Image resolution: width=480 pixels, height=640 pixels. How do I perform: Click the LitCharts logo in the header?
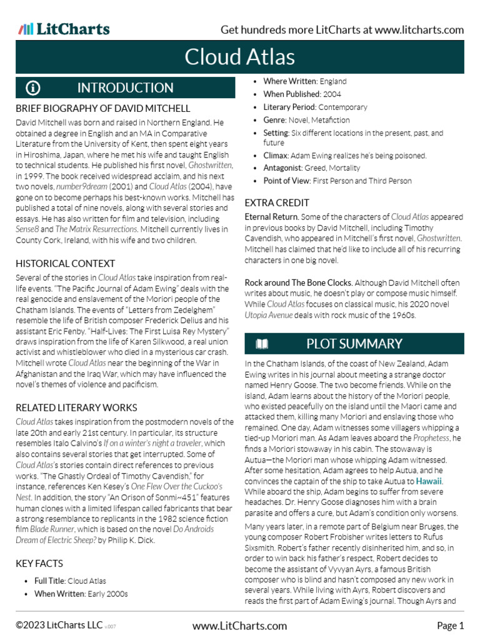pos(64,29)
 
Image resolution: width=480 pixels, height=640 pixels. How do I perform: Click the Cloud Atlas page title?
pos(240,57)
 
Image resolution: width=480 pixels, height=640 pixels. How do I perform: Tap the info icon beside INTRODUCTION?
pos(34,87)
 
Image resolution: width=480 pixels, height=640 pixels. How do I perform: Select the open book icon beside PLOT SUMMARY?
pos(262,344)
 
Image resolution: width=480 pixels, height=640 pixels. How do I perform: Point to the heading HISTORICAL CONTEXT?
pos(65,264)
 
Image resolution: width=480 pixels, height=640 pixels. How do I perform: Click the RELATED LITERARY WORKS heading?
pos(76,407)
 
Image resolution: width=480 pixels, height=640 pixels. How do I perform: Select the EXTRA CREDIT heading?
pos(277,202)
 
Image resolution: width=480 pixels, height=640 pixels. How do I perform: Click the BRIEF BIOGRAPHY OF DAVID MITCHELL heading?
pos(102,108)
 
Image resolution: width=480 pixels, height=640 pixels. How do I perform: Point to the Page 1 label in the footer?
pos(450,626)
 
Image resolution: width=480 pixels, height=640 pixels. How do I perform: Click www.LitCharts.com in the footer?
pos(240,626)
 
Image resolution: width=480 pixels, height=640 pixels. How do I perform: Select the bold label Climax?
pos(276,155)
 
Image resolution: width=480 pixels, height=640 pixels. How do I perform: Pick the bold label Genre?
pos(274,120)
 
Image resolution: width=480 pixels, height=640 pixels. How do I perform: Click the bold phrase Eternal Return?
pos(272,217)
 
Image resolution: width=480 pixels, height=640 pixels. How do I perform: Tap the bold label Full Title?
pos(49,581)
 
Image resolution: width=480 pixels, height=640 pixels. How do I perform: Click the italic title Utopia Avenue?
pos(268,316)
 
